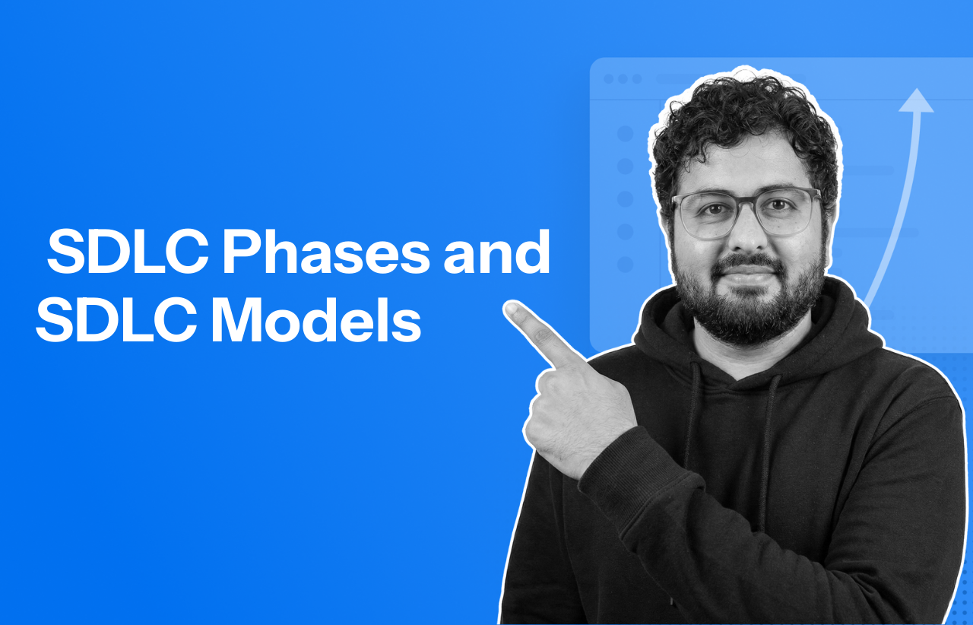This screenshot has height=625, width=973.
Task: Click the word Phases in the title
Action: pos(326,253)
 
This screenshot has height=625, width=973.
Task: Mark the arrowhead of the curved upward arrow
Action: pos(916,101)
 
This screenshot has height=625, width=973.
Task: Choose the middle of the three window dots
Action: pos(623,79)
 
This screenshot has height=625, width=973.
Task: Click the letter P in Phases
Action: pos(238,253)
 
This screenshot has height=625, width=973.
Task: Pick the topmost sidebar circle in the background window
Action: pos(625,134)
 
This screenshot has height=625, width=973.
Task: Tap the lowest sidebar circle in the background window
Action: pos(625,265)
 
